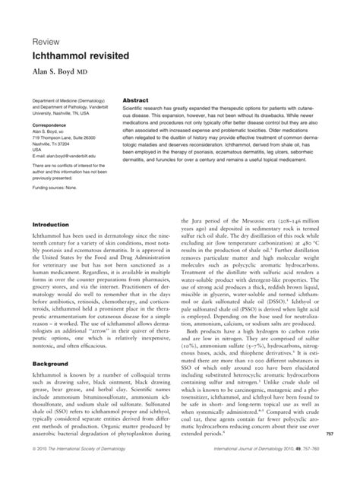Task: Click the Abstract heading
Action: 135,100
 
